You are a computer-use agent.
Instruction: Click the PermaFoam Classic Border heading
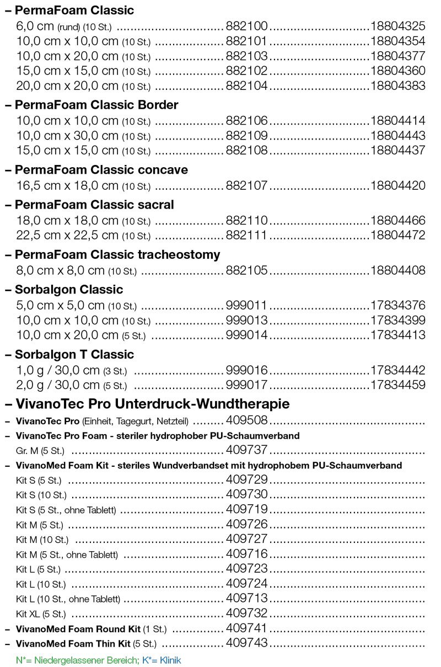click(x=96, y=105)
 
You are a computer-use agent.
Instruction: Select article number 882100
click(x=246, y=26)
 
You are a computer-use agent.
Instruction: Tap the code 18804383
click(x=398, y=86)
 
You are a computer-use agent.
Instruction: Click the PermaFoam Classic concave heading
click(x=101, y=170)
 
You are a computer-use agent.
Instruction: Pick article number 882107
click(x=246, y=185)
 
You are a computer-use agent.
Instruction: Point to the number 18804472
click(x=398, y=236)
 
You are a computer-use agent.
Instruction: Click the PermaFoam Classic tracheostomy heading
click(x=117, y=254)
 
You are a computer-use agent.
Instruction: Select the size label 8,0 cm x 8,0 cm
click(x=61, y=270)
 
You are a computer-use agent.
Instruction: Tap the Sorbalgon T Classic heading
click(x=74, y=354)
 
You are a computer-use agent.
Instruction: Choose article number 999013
click(x=246, y=320)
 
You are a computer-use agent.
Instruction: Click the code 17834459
click(x=398, y=385)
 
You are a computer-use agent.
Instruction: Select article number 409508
click(x=246, y=421)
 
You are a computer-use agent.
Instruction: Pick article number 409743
click(x=246, y=643)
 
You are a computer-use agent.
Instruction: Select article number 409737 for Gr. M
click(x=246, y=450)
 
